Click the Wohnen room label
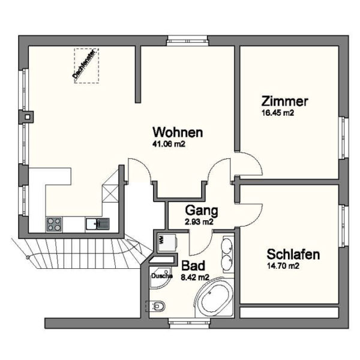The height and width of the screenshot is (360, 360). (x=177, y=132)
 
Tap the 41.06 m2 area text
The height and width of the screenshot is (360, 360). (x=172, y=144)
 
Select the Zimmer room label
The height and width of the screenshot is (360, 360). (x=284, y=101)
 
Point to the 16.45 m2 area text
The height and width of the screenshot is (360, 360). (x=277, y=112)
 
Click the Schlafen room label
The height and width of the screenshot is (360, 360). (x=293, y=254)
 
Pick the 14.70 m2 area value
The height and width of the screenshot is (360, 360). (x=283, y=265)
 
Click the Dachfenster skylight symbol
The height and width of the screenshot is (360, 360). (x=86, y=65)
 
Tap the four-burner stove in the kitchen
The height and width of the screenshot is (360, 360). (x=54, y=224)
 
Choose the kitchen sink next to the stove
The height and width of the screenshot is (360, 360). (x=96, y=224)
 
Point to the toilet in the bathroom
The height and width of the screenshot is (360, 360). (x=157, y=306)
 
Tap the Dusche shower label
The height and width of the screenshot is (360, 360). (x=161, y=276)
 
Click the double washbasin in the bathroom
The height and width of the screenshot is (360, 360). (x=227, y=254)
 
